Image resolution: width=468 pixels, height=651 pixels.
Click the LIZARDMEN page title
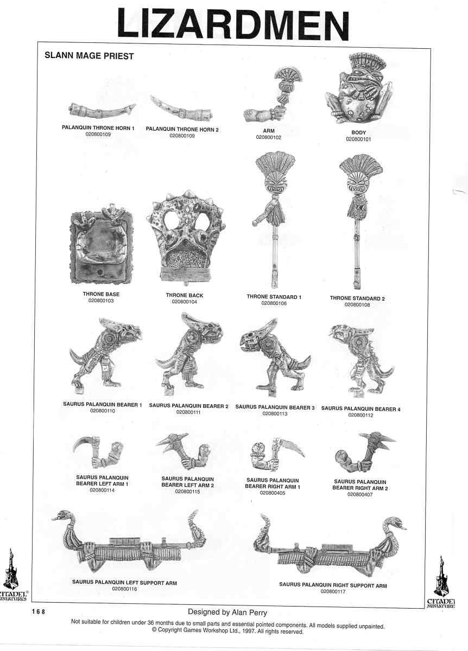233,24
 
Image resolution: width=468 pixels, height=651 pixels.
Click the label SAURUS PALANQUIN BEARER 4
361,409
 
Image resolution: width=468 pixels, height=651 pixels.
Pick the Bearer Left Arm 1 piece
98,453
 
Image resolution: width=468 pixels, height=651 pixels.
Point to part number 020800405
273,493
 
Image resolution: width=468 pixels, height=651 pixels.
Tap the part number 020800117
333,592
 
